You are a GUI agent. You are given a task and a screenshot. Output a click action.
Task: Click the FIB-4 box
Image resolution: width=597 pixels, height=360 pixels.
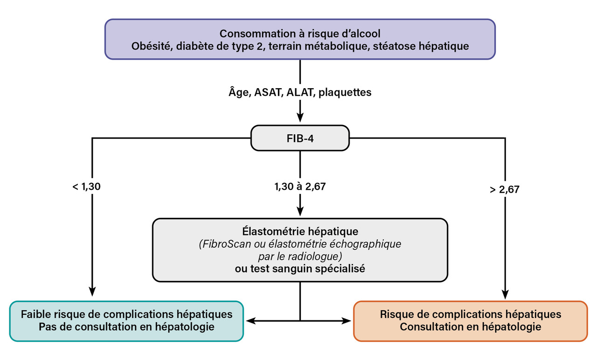point(300,138)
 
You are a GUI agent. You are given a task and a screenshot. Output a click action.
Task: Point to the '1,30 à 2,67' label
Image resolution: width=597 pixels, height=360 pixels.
point(300,187)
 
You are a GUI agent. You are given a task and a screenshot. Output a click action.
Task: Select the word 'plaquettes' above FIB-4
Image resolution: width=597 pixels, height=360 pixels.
point(347,92)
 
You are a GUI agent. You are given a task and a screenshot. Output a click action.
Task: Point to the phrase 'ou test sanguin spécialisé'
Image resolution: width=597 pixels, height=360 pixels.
point(300,269)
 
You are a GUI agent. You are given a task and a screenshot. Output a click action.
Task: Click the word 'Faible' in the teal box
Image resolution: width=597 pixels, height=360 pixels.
point(36,314)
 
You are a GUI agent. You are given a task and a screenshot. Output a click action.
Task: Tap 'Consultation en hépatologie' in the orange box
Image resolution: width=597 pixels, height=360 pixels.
point(471,326)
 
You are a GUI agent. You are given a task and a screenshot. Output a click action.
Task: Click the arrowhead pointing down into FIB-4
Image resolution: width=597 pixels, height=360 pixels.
point(300,120)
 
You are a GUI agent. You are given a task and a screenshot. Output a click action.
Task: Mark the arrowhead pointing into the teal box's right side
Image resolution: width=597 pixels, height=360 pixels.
point(251,321)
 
